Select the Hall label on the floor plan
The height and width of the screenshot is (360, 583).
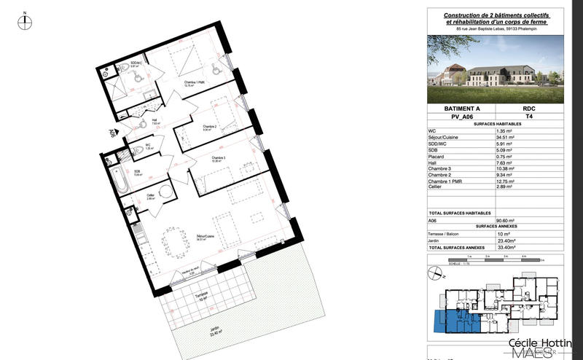coord(154,122)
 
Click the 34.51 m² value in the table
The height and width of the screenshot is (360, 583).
coord(505,136)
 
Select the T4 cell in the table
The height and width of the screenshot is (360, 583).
coord(529,115)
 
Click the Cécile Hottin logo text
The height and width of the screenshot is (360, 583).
coord(539,343)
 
